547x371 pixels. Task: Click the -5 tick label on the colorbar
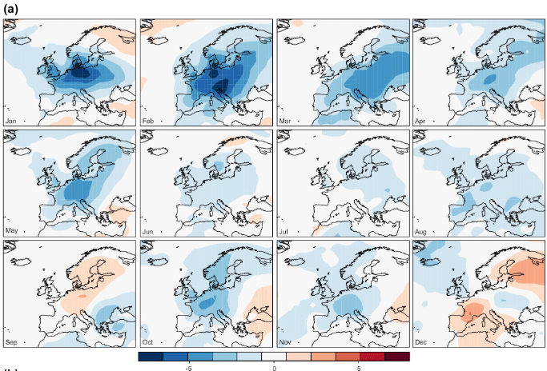187,369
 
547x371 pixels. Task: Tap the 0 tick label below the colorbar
274,369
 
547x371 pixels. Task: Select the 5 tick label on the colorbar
359,369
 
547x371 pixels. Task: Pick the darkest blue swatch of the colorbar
151,357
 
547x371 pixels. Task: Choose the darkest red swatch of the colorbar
397,357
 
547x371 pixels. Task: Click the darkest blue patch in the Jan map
78,72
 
